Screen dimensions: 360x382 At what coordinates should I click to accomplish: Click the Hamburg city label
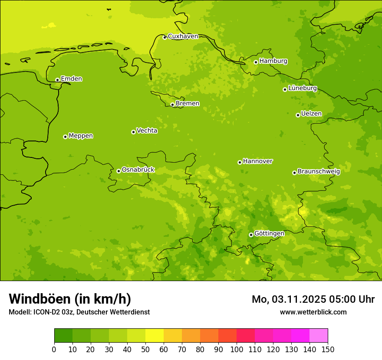tap(273, 61)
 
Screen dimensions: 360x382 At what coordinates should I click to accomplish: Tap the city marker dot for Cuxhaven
tap(165, 37)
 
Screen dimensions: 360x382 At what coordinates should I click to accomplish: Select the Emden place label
tap(71, 79)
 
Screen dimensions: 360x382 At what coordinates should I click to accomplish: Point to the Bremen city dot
tap(172, 105)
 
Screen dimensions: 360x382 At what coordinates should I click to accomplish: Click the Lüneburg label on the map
tap(302, 88)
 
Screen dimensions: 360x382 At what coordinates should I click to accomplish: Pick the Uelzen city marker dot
tap(298, 115)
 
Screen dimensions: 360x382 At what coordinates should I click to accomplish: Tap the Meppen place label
tap(80, 136)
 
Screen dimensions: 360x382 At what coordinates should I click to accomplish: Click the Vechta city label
tap(147, 131)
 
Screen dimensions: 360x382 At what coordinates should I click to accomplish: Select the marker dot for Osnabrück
tap(119, 171)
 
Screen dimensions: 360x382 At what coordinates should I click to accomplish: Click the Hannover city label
tap(257, 161)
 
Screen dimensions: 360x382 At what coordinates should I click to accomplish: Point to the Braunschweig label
tap(319, 172)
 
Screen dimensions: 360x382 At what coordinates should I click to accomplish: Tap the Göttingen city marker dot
tap(251, 235)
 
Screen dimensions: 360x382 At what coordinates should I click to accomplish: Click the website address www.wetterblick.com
tap(313, 312)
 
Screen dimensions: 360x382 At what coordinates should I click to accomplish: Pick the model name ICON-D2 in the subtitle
tap(47, 312)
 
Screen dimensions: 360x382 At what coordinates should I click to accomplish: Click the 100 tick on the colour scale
tap(237, 349)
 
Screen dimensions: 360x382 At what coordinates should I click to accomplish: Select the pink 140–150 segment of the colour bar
tap(319, 336)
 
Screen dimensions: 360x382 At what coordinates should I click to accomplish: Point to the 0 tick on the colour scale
tap(54, 349)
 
